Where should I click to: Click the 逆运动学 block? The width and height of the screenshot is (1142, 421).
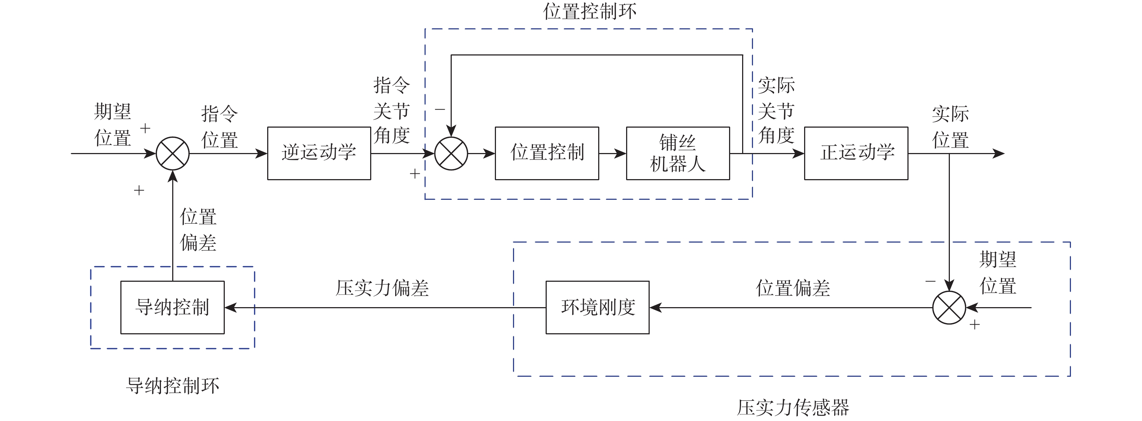319,153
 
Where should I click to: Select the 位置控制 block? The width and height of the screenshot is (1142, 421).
547,153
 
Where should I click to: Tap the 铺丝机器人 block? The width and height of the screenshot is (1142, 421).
677,153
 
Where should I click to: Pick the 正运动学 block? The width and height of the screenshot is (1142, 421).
856,153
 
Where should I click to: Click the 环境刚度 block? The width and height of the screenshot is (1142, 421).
597,307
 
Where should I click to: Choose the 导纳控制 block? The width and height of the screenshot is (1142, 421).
173,307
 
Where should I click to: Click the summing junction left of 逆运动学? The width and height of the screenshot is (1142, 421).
173,153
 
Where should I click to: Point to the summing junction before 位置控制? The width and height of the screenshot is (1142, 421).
451,153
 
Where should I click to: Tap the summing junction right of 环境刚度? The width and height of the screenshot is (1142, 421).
949,308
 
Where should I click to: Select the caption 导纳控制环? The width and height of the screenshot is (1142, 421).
173,385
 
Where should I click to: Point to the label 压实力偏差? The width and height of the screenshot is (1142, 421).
382,288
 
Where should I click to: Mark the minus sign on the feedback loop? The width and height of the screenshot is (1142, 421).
440,109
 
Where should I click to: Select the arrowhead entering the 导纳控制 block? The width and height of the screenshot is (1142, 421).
231,308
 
